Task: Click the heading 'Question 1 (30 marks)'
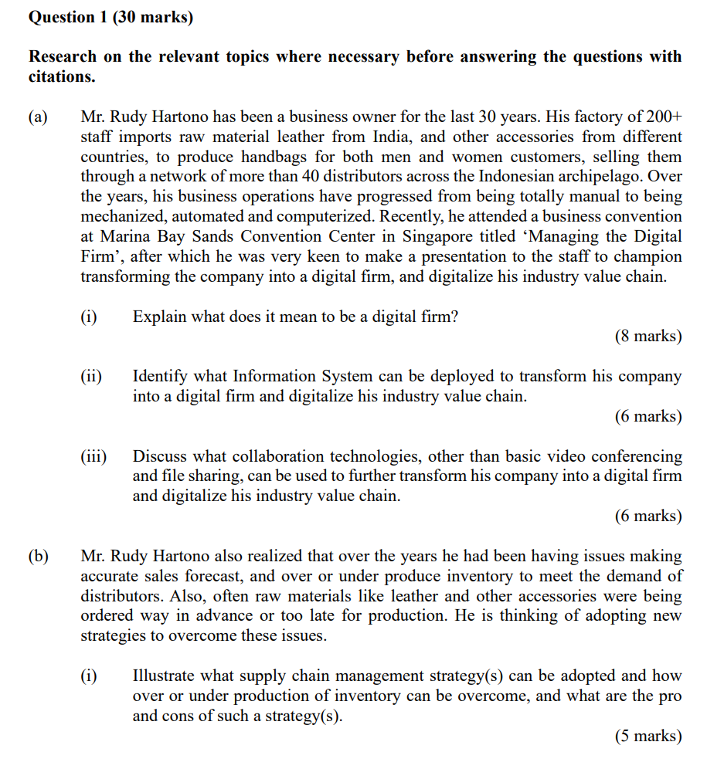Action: [x=110, y=17]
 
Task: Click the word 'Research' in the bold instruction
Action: [x=63, y=56]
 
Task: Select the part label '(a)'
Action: [x=38, y=117]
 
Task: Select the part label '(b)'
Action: [x=38, y=556]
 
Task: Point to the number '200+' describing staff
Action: [x=665, y=117]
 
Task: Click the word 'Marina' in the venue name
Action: [x=106, y=237]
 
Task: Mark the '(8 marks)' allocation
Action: [x=648, y=336]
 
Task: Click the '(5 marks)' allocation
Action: [x=648, y=736]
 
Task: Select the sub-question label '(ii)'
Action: [x=91, y=377]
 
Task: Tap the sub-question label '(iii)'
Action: [x=93, y=456]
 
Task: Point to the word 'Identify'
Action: [x=161, y=377]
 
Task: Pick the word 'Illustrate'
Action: [x=165, y=676]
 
